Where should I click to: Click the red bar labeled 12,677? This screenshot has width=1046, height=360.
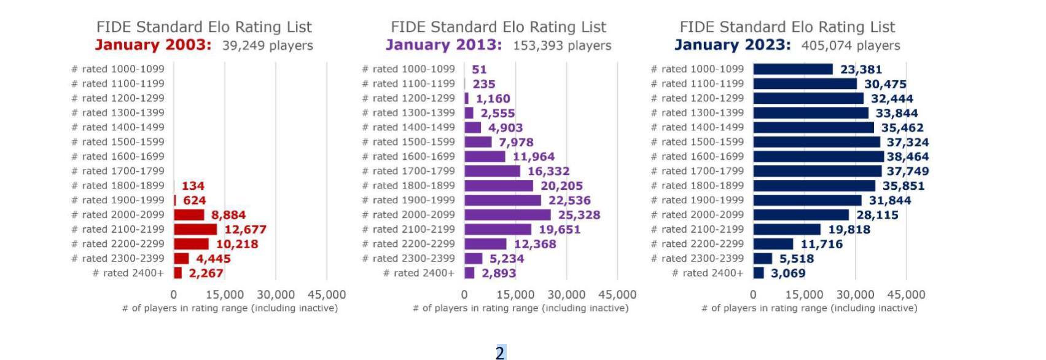195,229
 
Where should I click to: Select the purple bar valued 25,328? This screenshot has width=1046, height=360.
507,214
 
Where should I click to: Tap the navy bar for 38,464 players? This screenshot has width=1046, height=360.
818,157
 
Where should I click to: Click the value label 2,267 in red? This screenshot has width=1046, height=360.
206,273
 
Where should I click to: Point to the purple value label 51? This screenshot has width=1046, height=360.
479,69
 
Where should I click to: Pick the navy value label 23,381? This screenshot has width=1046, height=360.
861,69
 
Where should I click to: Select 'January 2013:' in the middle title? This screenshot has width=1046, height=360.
443,45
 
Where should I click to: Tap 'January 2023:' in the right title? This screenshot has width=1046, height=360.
732,45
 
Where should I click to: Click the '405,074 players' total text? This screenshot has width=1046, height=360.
851,45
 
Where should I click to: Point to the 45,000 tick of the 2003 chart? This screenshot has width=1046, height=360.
327,295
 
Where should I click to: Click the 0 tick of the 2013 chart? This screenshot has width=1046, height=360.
464,295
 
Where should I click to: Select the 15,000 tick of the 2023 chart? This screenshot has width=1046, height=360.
804,295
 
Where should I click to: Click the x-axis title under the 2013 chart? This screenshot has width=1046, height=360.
520,308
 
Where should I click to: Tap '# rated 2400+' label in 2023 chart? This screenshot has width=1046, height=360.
708,273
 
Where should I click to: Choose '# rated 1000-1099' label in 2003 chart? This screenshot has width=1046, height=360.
118,69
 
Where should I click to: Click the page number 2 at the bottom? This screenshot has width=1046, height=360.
500,353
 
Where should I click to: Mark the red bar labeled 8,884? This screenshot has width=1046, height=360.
189,214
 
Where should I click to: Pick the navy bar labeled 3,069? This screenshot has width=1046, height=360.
759,273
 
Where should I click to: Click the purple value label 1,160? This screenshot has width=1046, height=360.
493,98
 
